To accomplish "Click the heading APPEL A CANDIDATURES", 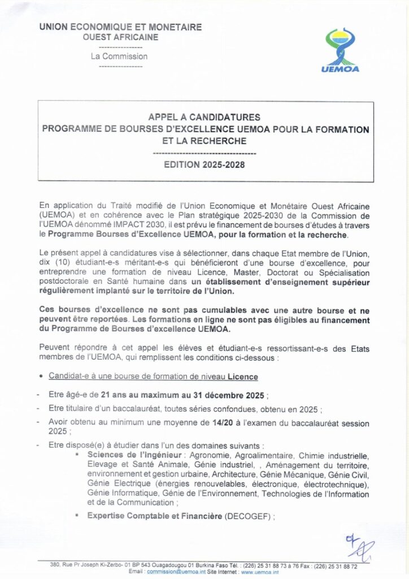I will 204,117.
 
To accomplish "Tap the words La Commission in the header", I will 120,57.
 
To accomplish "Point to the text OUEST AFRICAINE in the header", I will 120,37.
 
